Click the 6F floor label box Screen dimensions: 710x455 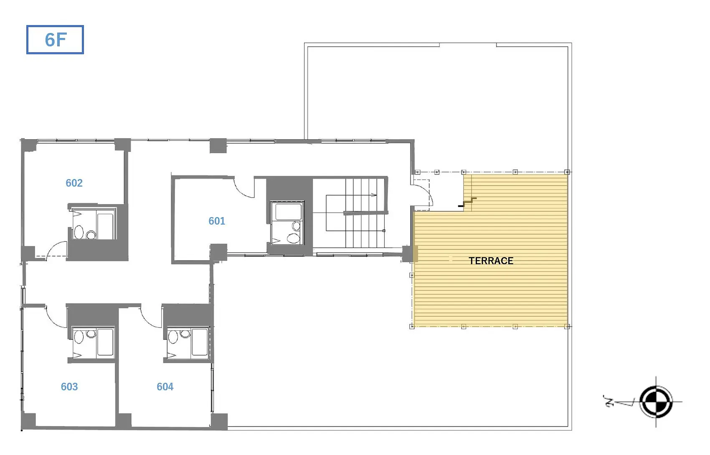(x=55, y=40)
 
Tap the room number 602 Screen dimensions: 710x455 (x=74, y=183)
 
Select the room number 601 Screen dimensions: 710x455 (x=217, y=221)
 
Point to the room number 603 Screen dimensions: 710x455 (x=69, y=387)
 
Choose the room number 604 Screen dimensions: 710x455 (x=165, y=387)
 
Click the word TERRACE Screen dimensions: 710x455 (x=491, y=261)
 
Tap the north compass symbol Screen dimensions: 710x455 (x=656, y=402)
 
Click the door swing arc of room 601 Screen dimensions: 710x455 (x=241, y=192)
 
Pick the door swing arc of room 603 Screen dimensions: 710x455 (x=52, y=321)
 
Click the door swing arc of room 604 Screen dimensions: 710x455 (x=147, y=321)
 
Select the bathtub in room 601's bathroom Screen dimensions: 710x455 (x=289, y=212)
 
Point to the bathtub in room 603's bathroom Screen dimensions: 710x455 (x=106, y=342)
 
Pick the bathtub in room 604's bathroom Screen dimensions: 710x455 (x=200, y=342)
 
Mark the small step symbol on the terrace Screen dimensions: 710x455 (x=467, y=202)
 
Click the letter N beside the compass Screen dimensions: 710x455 (x=609, y=401)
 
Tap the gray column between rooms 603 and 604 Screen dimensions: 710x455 (x=123, y=421)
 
